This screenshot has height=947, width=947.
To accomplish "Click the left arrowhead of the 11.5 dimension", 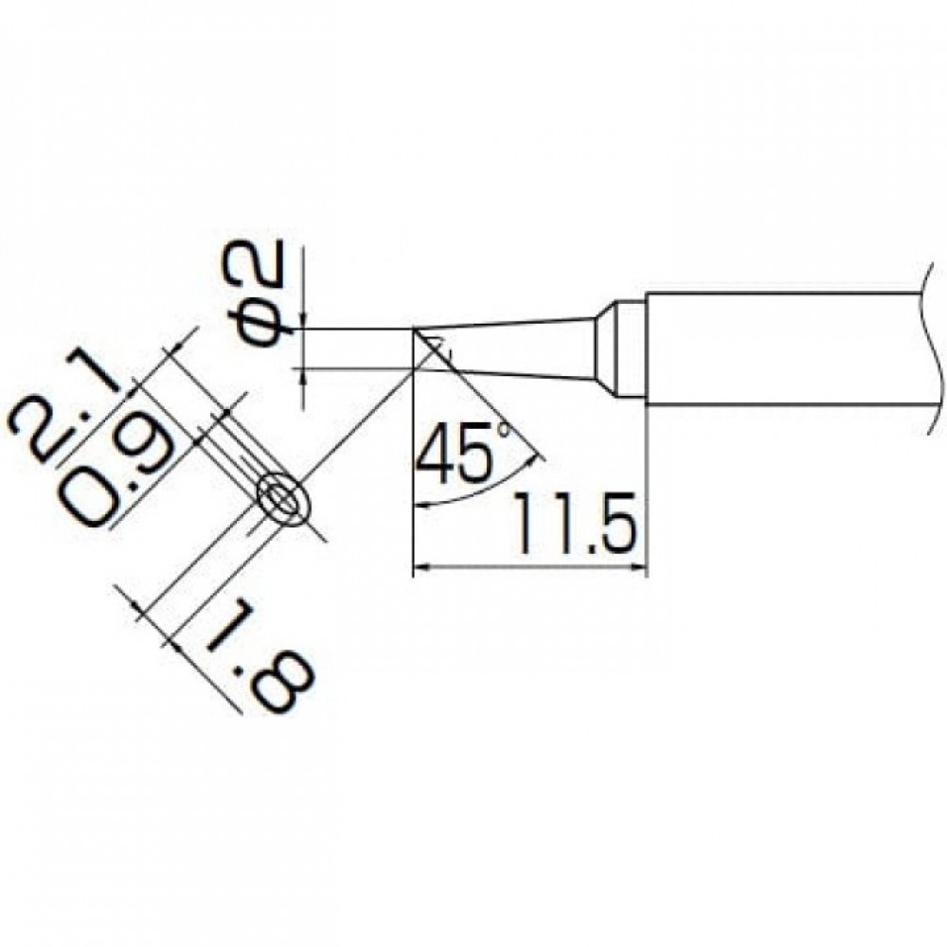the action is click(421, 567).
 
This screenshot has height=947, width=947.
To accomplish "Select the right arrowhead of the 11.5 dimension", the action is click(637, 567).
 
